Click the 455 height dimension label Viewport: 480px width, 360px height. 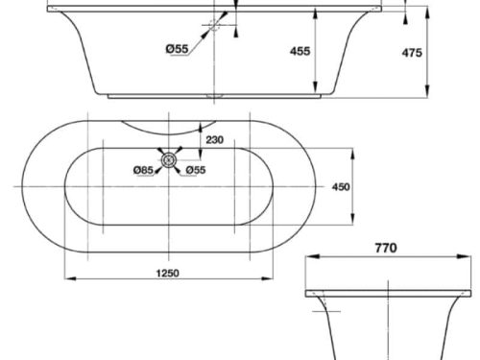point(300,52)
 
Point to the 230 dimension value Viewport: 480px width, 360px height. point(213,140)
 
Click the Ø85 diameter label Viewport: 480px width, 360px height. point(144,171)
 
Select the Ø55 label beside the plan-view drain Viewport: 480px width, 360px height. point(195,171)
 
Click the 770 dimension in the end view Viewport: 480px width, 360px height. point(385,248)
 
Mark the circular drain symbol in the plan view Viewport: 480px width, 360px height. point(171,162)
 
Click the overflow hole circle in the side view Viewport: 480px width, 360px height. point(216,27)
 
